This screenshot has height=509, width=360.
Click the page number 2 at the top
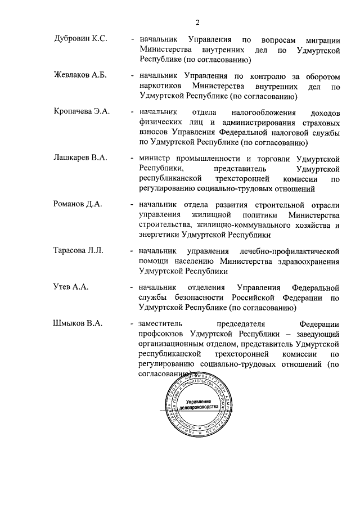tap(197, 22)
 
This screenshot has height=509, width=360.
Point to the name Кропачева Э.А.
tap(82, 112)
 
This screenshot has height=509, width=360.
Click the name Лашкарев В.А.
tap(81, 158)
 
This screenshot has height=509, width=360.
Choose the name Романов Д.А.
tap(78, 204)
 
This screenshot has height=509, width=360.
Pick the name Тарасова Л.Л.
tap(78, 250)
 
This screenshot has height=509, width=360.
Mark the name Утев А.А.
tap(70, 287)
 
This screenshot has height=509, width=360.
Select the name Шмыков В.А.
tap(78, 323)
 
